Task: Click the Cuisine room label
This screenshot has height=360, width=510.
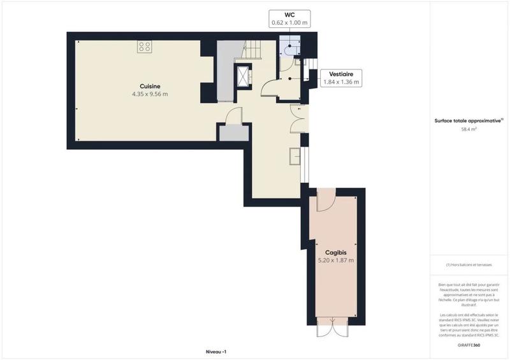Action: (x=150, y=86)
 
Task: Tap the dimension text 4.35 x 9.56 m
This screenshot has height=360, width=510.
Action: (x=150, y=94)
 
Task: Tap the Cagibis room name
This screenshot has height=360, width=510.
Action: (x=335, y=252)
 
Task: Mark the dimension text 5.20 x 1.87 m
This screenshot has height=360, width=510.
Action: (x=335, y=260)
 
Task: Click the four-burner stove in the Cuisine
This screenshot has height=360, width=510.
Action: (x=144, y=46)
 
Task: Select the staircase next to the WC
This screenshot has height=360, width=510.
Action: (x=254, y=48)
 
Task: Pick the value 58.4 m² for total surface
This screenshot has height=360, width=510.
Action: (x=469, y=129)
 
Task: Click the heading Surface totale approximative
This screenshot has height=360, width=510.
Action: (x=469, y=120)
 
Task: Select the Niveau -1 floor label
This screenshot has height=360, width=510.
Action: (x=216, y=352)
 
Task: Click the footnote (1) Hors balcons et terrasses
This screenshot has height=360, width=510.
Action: (x=469, y=264)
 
